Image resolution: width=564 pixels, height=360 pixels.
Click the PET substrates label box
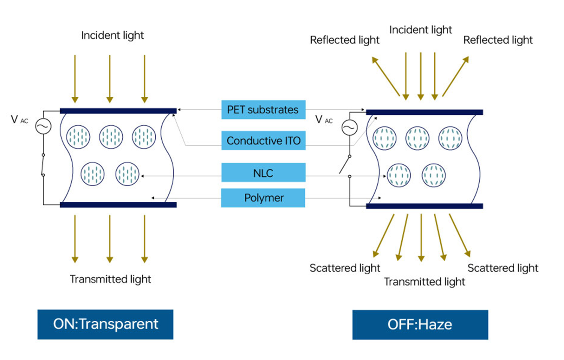click(x=263, y=110)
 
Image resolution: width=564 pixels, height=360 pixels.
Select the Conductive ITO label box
click(x=263, y=140)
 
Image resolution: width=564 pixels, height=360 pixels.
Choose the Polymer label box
click(x=263, y=198)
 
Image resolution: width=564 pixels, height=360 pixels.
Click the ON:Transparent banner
click(x=105, y=324)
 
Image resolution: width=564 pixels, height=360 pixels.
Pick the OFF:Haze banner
click(x=420, y=324)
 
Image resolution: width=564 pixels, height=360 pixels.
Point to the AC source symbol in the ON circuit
click(x=43, y=126)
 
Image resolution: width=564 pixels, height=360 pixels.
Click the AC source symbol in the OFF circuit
click(x=349, y=128)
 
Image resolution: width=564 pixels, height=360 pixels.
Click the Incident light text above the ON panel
click(x=112, y=35)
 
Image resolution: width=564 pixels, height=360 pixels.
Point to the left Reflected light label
click(x=345, y=40)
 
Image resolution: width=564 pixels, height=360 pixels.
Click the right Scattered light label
click(x=503, y=268)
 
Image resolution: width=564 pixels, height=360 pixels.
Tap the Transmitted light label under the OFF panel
click(x=425, y=282)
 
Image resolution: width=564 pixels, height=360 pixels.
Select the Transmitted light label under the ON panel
click(x=110, y=279)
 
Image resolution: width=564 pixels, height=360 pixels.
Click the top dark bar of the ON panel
click(x=118, y=111)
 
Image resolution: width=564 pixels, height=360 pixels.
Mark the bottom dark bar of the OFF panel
click(x=424, y=206)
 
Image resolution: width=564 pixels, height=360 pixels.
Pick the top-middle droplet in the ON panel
click(x=111, y=137)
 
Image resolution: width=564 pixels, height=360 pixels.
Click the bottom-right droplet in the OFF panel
click(x=434, y=175)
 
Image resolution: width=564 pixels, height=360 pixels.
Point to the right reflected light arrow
click(x=455, y=76)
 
